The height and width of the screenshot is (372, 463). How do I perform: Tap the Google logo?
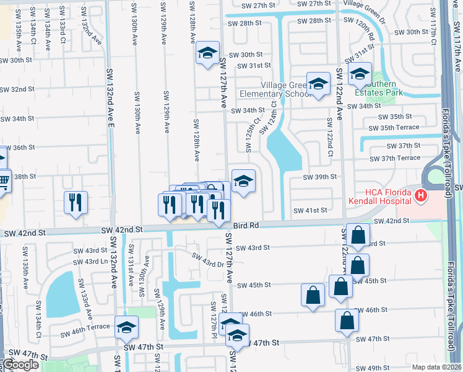(20, 365)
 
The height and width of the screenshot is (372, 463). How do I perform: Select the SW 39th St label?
(319, 177)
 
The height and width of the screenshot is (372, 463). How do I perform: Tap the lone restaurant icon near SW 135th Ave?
(76, 201)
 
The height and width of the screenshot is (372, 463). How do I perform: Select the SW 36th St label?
(17, 148)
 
